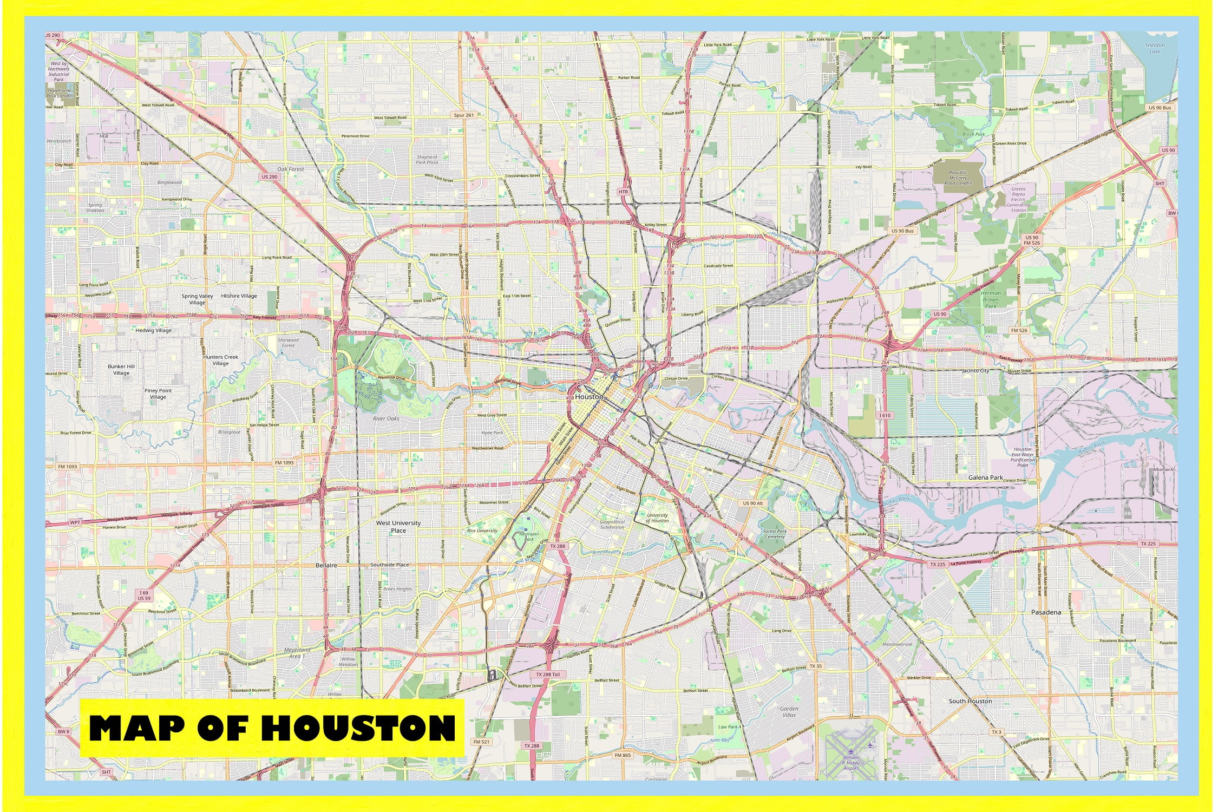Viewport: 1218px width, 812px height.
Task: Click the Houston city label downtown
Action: coord(589,397)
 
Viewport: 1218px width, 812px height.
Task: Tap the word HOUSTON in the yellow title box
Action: coord(359,728)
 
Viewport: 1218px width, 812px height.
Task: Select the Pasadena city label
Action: coord(1045,612)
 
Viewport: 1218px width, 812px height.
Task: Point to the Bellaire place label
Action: coord(326,565)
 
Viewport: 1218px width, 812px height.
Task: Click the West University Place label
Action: coord(398,527)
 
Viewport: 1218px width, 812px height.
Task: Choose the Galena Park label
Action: coord(985,477)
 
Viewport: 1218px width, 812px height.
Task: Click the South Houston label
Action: coord(970,701)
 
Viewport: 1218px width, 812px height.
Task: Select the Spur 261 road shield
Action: coord(463,115)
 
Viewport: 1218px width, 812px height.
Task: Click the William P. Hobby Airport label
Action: coord(851,763)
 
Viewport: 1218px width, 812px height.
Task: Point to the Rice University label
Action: coord(482,531)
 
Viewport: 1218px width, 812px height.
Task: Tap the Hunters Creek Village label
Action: coord(221,360)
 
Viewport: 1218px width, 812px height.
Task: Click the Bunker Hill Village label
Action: coord(121,369)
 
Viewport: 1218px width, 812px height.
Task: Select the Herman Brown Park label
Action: coord(991,299)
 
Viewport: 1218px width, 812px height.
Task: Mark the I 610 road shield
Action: coord(885,415)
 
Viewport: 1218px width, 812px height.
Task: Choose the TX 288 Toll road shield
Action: coord(548,675)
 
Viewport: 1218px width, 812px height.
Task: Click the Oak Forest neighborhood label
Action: coord(291,169)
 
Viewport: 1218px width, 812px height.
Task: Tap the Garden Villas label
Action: coord(789,711)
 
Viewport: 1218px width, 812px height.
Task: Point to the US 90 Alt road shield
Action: coord(752,503)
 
